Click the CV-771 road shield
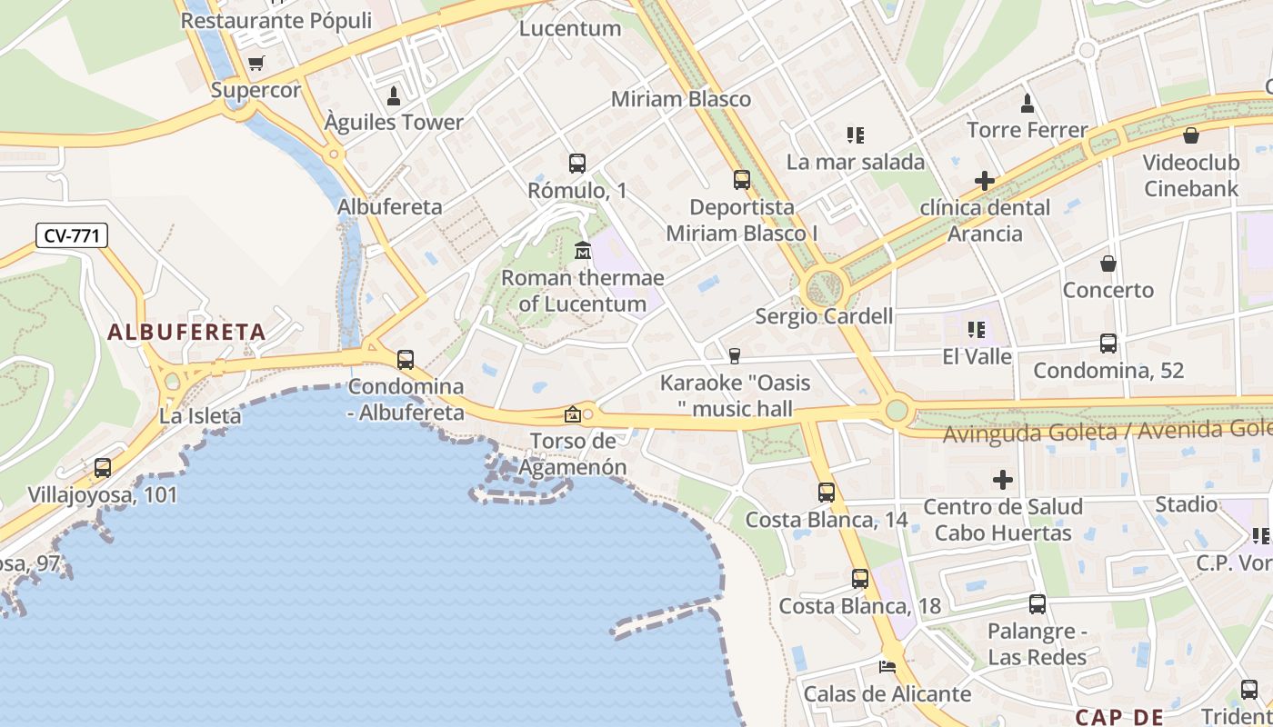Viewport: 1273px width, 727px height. [x=73, y=236]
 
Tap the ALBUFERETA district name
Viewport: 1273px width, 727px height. [x=186, y=333]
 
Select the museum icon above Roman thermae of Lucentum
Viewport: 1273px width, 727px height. [x=583, y=250]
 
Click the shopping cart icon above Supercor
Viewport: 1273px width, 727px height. [x=256, y=64]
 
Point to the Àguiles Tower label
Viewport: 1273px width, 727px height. [x=395, y=122]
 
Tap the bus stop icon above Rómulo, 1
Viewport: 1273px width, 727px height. [x=577, y=164]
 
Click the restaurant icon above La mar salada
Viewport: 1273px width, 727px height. [x=855, y=135]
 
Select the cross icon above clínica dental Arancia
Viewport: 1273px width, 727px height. [x=984, y=181]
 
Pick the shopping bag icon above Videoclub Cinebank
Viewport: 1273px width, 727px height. [x=1191, y=136]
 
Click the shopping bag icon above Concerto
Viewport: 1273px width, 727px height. [x=1108, y=264]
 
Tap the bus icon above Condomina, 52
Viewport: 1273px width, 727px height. [x=1108, y=344]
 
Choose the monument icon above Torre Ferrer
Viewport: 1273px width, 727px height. [x=1027, y=103]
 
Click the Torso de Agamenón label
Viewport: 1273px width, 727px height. [x=573, y=454]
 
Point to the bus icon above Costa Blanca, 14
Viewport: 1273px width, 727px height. [x=826, y=493]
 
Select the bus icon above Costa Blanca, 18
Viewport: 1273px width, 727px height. [x=860, y=579]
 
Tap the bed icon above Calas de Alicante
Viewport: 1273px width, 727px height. [x=887, y=667]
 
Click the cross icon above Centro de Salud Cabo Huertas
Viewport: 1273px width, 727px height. [x=1003, y=479]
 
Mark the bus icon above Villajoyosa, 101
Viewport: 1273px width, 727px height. [x=103, y=468]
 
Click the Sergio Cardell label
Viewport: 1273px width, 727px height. [x=824, y=316]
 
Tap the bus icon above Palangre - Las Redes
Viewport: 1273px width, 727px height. [x=1037, y=604]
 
